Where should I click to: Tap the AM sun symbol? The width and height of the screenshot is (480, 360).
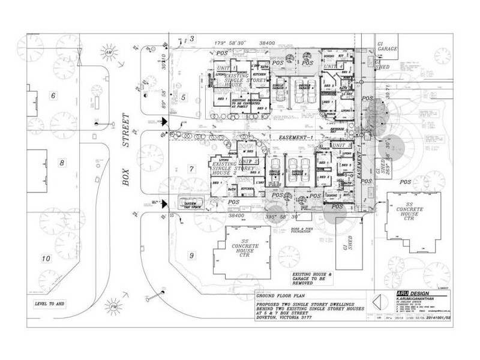click(109, 53)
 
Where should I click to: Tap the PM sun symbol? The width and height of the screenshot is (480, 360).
click(114, 306)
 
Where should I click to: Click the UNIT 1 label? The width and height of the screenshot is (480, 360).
click(225, 68)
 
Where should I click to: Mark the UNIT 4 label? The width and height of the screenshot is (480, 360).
click(335, 65)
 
